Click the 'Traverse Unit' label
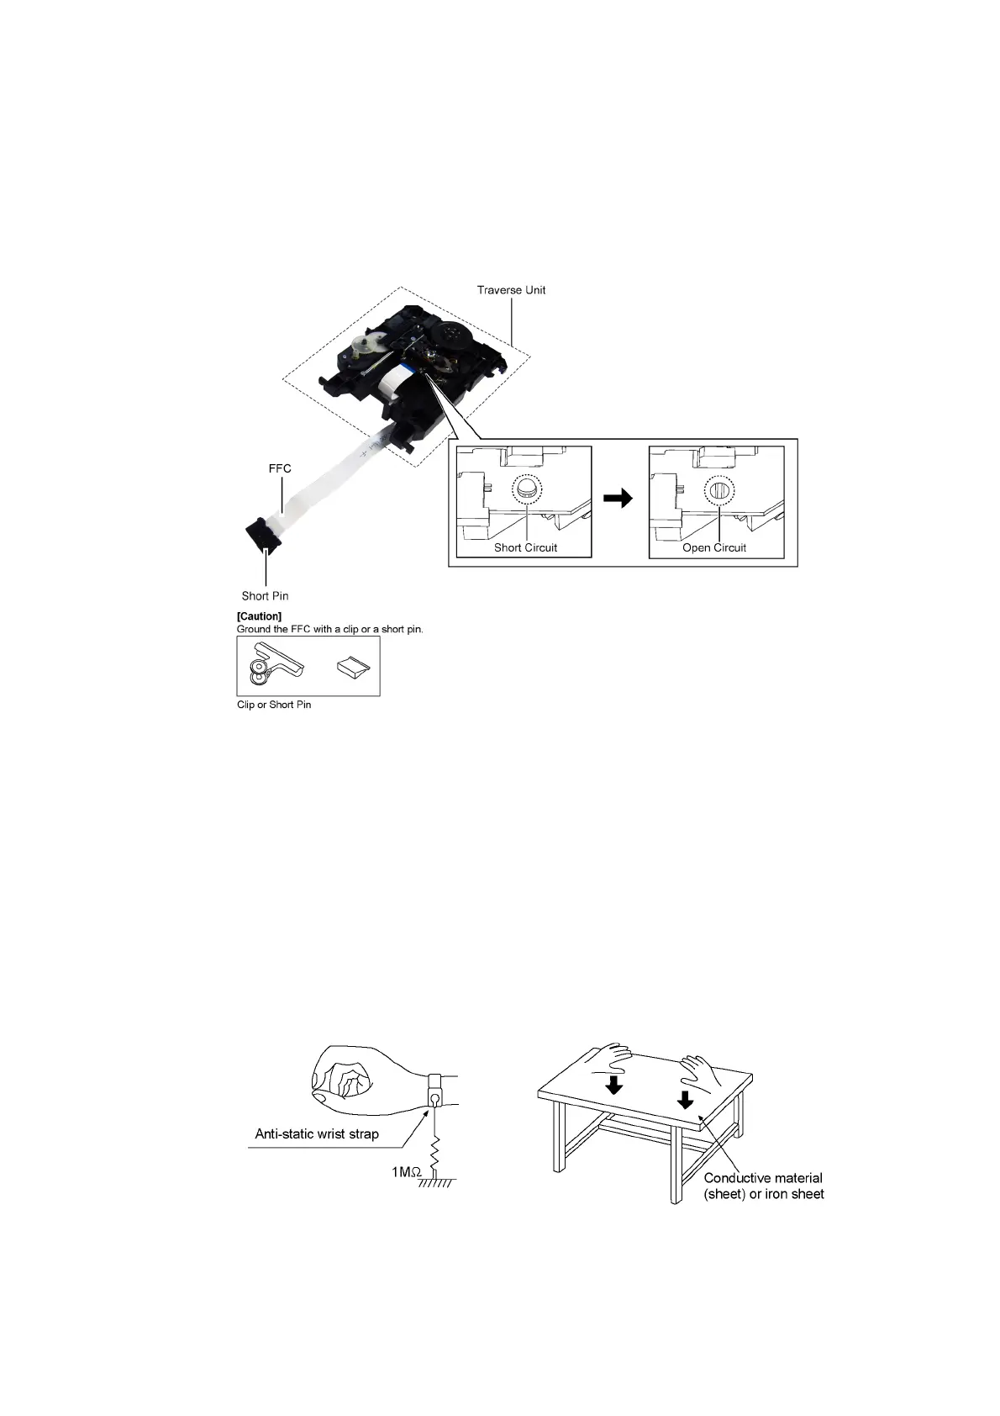511,290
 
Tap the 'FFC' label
280,468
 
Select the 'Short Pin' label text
265,596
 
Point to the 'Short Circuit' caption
525,547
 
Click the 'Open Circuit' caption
714,547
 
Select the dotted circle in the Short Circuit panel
527,489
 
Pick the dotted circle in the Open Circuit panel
719,489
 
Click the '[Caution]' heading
259,616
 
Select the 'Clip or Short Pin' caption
274,705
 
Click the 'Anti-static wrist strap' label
317,1134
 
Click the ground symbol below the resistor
435,1182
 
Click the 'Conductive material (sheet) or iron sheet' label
763,1186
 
